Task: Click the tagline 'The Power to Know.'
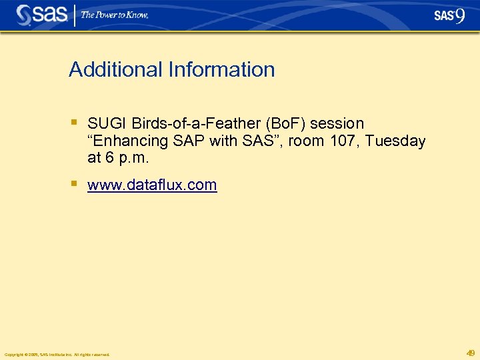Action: click(x=115, y=15)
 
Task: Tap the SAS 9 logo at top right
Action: click(x=449, y=15)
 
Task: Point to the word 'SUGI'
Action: click(x=107, y=123)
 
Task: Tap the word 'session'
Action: click(x=337, y=123)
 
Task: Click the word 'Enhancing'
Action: click(x=129, y=141)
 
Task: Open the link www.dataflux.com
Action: click(x=152, y=185)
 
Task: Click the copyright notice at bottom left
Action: click(x=57, y=354)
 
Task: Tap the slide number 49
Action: click(x=471, y=353)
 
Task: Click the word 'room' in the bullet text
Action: click(x=306, y=141)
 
